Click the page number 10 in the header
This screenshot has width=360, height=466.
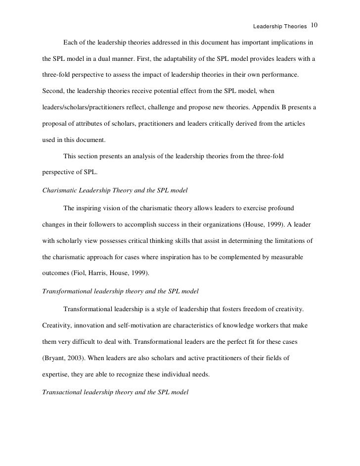pos(315,25)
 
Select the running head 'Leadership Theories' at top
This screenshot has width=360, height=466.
pos(279,26)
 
